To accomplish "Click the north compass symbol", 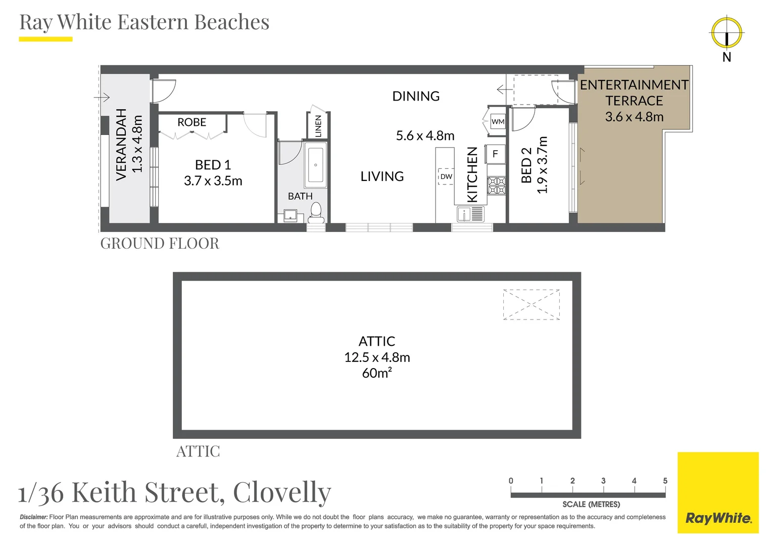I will click(727, 33).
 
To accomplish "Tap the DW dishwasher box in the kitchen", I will click(446, 176).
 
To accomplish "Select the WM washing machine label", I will click(498, 121).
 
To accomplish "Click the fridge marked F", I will click(495, 154).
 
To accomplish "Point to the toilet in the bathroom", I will click(316, 212).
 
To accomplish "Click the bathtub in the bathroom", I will click(315, 165).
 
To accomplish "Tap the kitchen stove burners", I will click(496, 186).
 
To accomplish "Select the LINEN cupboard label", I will click(318, 126).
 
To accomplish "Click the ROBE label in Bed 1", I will click(191, 122).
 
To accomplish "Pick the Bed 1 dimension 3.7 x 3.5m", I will click(213, 181).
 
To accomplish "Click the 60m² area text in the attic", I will click(377, 373).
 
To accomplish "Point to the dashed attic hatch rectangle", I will click(531, 304).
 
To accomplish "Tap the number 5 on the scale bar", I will click(665, 481).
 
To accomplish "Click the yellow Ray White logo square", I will click(718, 492).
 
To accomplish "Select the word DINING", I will click(416, 96).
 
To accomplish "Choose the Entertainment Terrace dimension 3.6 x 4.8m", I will click(634, 117).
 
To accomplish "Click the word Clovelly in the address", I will click(282, 492).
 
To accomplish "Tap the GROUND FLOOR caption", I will click(160, 244).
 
